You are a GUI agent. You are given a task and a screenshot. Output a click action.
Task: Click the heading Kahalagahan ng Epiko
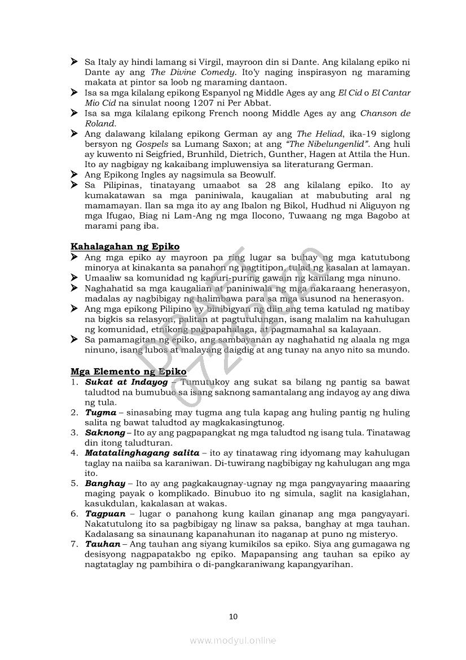pyautogui.click(x=125, y=247)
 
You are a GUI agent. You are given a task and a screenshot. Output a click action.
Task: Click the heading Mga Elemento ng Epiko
pyautogui.click(x=128, y=371)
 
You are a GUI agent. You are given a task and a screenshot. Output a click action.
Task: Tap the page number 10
pyautogui.click(x=233, y=617)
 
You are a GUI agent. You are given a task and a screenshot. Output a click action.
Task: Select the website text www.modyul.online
pyautogui.click(x=233, y=640)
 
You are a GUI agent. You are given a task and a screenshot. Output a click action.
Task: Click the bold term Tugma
pyautogui.click(x=100, y=413)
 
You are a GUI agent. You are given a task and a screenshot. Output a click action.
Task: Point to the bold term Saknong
pyautogui.click(x=105, y=433)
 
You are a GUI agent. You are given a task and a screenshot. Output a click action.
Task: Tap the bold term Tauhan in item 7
pyautogui.click(x=103, y=545)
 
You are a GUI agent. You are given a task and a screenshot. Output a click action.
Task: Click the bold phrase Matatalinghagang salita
pyautogui.click(x=142, y=453)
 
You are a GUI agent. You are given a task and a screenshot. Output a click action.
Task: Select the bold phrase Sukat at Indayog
pyautogui.click(x=126, y=382)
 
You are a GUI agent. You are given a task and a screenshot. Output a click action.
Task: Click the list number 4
pyautogui.click(x=74, y=453)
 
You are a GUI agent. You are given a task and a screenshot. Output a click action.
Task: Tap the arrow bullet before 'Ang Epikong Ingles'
pyautogui.click(x=74, y=174)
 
